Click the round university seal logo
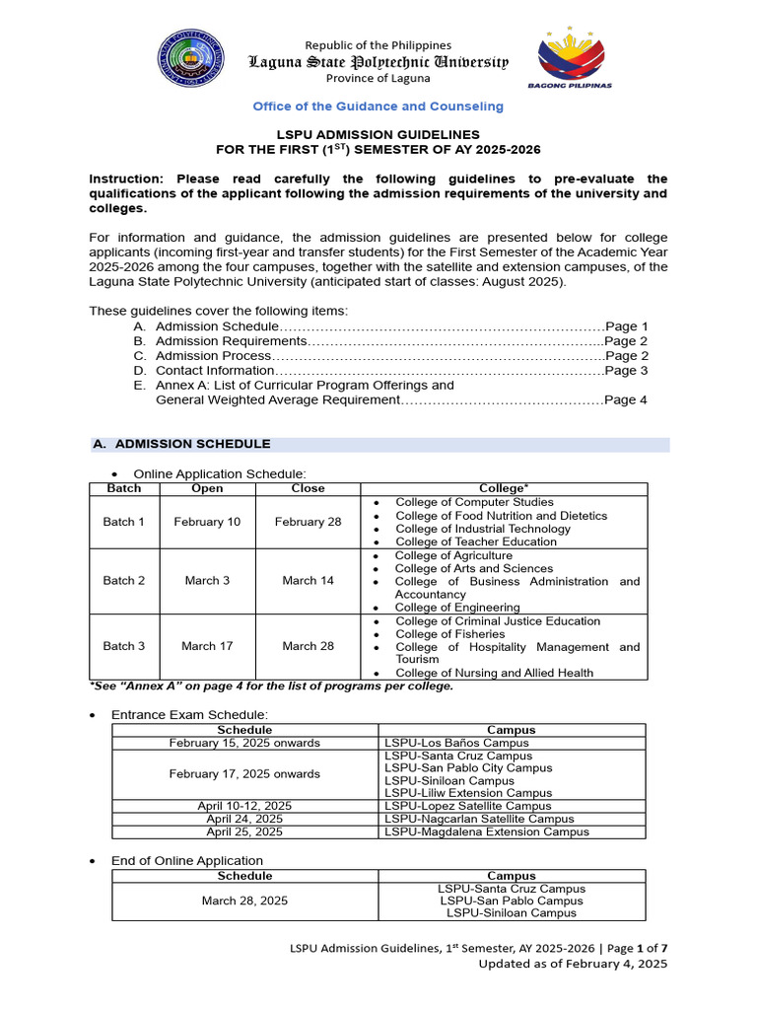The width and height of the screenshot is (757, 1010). click(191, 61)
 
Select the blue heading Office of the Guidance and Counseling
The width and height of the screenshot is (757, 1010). click(378, 107)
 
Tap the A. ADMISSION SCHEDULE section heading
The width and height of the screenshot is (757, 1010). click(181, 445)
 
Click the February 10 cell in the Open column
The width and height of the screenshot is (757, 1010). click(207, 522)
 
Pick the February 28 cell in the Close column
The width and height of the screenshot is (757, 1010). click(308, 522)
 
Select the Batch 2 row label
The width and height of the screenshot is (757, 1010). click(124, 581)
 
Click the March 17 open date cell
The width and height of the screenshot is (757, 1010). click(207, 646)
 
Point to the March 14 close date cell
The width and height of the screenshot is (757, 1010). click(308, 581)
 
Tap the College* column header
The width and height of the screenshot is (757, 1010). click(504, 488)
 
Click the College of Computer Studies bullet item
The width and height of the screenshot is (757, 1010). click(474, 503)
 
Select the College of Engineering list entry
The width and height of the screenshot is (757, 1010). click(456, 608)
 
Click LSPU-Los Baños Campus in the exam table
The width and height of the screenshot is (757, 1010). click(456, 743)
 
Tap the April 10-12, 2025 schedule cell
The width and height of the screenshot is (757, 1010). click(244, 806)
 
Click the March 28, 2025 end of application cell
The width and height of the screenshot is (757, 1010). click(244, 901)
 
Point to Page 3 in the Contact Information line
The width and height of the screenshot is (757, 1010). click(626, 371)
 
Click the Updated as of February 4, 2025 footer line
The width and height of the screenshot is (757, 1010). click(573, 964)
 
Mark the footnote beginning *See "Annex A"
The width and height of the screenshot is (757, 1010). click(271, 686)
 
